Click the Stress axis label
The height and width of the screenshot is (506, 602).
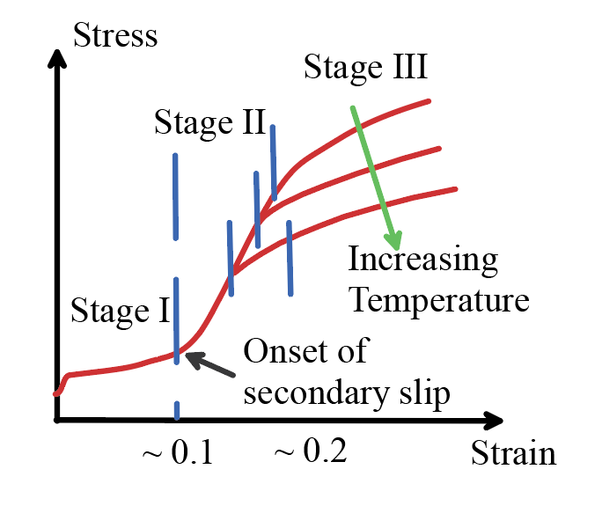pyautogui.click(x=115, y=36)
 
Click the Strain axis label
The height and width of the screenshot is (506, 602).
pyautogui.click(x=513, y=454)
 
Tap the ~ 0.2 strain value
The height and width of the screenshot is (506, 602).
pyautogui.click(x=310, y=453)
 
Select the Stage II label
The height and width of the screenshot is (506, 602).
pyautogui.click(x=209, y=122)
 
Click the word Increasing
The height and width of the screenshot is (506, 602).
pyautogui.click(x=422, y=260)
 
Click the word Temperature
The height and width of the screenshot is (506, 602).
pyautogui.click(x=439, y=300)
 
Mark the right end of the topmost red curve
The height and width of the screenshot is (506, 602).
pyautogui.click(x=429, y=101)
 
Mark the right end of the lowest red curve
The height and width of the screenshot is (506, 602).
pyautogui.click(x=456, y=188)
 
